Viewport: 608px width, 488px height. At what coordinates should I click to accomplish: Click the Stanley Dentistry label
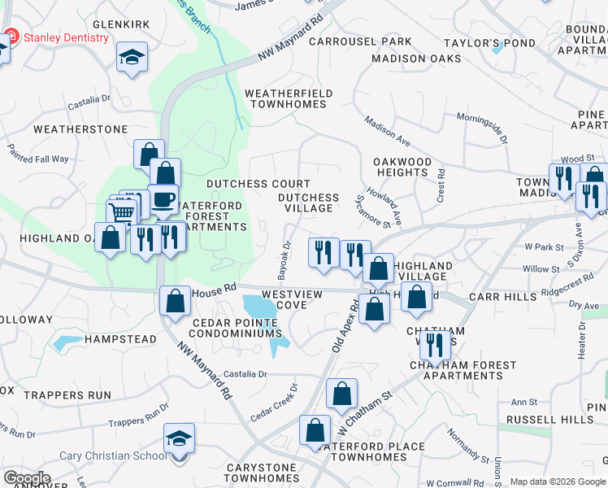[x=67, y=37]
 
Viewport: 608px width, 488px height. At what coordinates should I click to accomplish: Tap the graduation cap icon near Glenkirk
[x=132, y=58]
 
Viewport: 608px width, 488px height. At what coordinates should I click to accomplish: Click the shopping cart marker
[x=122, y=214]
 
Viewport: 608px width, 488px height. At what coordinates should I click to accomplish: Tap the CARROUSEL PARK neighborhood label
[x=359, y=41]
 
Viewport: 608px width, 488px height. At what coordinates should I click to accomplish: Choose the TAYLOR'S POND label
[x=489, y=42]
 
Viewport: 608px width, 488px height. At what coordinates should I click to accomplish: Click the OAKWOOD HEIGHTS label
[x=402, y=167]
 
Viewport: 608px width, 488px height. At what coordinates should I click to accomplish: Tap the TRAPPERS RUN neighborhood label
[x=67, y=395]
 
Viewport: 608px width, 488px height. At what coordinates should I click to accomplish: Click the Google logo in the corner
[x=27, y=478]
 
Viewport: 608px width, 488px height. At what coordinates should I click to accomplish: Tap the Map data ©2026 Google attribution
[x=558, y=482]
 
